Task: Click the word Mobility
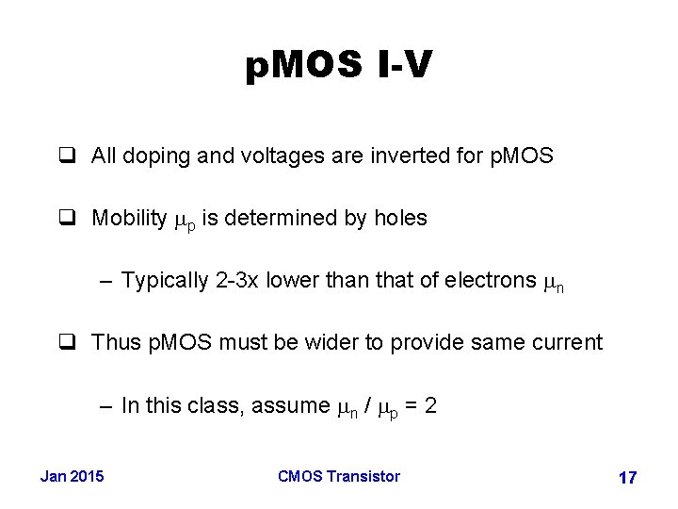click(x=129, y=218)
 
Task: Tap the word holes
click(x=401, y=218)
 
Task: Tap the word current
click(x=567, y=342)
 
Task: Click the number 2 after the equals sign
click(x=429, y=405)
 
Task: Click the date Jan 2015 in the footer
click(x=73, y=476)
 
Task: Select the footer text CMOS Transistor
click(x=339, y=476)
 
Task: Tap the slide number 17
click(x=627, y=478)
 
